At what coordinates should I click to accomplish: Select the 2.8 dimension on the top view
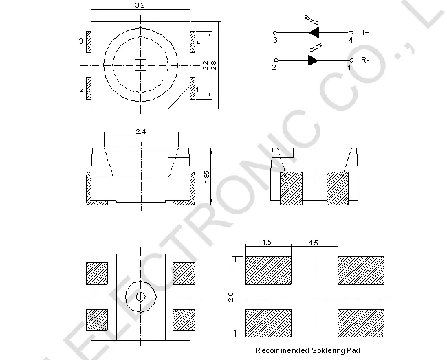click(214, 65)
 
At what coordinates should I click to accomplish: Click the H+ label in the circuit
click(364, 32)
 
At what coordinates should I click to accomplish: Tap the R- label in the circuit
click(364, 60)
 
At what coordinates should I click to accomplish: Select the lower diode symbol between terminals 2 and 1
click(313, 60)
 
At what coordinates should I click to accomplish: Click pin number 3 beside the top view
click(81, 43)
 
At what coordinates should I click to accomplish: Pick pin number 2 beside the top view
click(81, 89)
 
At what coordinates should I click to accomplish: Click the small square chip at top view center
click(140, 65)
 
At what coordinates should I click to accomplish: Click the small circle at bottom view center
click(140, 297)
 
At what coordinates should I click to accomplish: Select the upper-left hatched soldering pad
click(268, 270)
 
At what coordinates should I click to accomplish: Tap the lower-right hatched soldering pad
click(360, 323)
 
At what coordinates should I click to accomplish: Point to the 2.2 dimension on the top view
click(205, 65)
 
